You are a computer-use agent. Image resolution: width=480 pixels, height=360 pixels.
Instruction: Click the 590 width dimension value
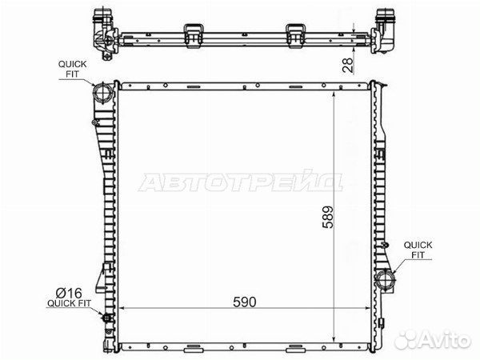[244, 302]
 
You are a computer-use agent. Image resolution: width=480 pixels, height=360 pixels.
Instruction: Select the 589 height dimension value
[328, 217]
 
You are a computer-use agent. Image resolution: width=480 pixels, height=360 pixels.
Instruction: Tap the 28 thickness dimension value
[348, 65]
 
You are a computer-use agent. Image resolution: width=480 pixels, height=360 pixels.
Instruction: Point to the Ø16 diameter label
[69, 293]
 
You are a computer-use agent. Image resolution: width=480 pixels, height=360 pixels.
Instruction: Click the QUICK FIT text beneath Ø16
[69, 303]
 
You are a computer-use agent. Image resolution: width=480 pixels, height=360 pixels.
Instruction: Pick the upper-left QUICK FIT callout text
[73, 69]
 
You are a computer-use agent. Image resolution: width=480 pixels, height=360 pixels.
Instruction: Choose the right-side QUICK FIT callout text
[418, 250]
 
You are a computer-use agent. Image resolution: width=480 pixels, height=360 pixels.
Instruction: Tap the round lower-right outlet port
[385, 278]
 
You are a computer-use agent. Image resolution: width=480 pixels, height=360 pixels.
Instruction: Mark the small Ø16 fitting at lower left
[107, 318]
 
